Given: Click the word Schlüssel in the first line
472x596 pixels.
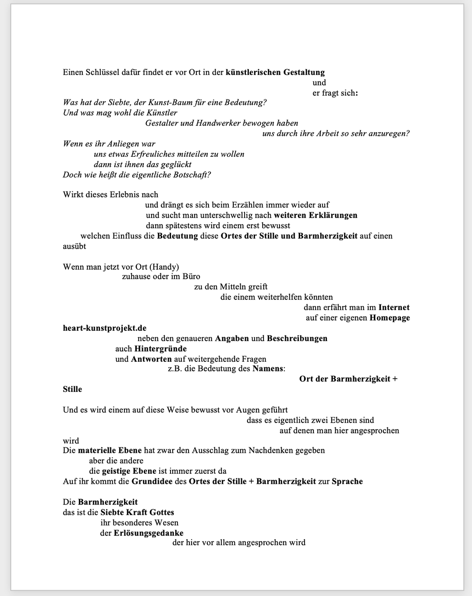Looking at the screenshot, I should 104,72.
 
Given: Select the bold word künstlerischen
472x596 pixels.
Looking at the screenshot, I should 253,72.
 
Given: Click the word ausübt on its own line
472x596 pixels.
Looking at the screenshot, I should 75,246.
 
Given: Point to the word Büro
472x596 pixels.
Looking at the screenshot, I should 192,276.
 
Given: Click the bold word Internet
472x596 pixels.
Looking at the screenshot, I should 394,307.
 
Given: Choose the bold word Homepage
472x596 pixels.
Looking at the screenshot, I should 390,317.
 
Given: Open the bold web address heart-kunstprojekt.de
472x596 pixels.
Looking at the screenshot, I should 105,328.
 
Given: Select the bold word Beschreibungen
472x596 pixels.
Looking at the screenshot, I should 297,338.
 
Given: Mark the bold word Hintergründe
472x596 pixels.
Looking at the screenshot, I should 160,349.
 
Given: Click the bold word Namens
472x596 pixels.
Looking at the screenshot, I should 268,368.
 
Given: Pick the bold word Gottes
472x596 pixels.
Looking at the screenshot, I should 162,512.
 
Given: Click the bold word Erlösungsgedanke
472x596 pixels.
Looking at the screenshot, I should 149,533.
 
